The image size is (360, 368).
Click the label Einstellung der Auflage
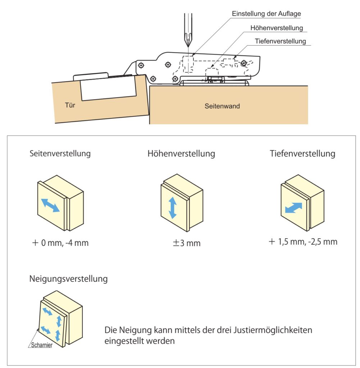266,14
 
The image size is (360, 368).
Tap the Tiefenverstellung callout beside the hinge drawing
280,41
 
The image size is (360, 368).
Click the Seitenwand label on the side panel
222,106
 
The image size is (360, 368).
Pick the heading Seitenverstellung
60,154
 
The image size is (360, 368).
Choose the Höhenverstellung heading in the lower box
181,154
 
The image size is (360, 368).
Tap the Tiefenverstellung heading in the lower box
302,154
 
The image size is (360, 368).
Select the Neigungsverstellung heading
68,279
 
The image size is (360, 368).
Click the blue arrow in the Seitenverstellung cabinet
50,205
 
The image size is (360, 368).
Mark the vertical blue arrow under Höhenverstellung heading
173,207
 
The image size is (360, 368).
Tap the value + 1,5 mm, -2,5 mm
303,241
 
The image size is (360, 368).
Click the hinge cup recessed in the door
108,89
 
